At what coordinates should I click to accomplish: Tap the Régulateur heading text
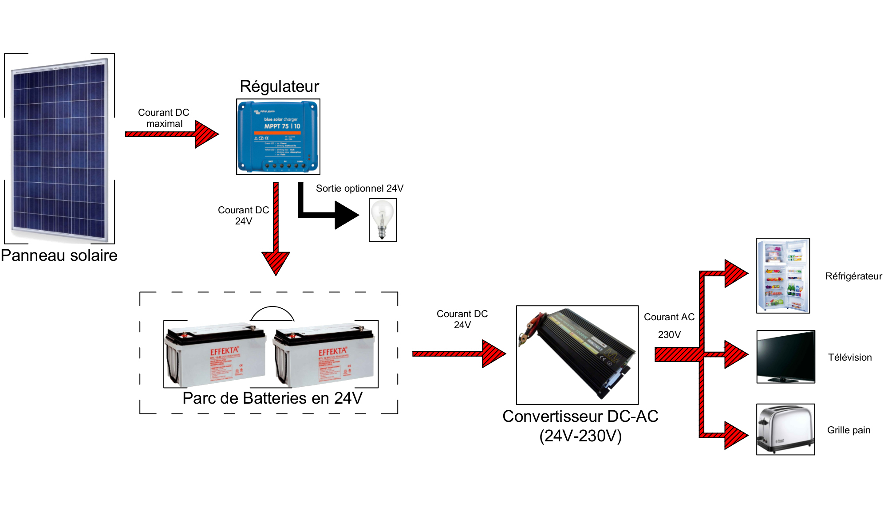279,86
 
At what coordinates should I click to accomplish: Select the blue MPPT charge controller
278,137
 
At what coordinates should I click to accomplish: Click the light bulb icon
383,220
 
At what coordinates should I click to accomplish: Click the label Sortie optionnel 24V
359,188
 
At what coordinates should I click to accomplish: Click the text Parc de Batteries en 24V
272,398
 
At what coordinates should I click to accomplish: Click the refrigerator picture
783,275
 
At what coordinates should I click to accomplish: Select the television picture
785,356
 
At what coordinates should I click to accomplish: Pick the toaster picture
785,429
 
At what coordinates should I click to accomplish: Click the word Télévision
849,357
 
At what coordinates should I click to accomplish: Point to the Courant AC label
669,317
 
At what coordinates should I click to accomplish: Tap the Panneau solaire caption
59,255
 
